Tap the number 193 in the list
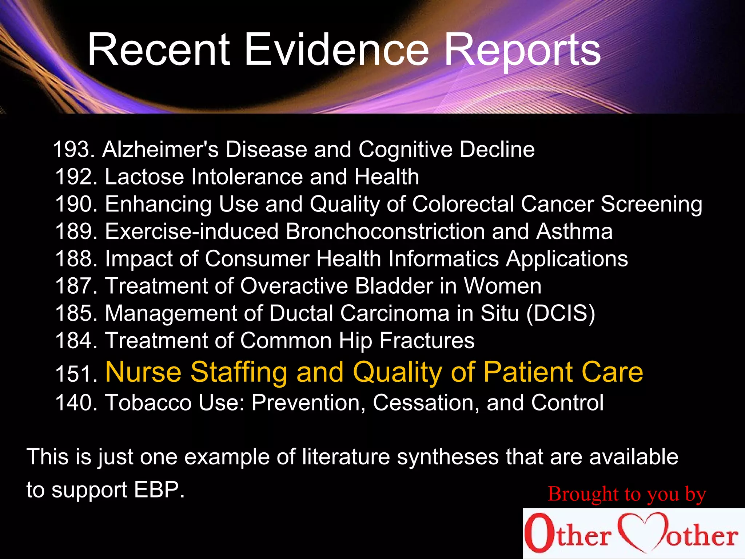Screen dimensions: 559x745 tap(72, 149)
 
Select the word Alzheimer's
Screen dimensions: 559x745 tap(160, 149)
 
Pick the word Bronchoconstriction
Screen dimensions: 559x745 tap(385, 231)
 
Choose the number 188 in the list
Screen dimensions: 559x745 tap(75, 259)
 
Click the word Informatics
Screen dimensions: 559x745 tap(443, 259)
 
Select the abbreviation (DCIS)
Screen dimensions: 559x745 tap(561, 313)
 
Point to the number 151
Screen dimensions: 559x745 tap(75, 374)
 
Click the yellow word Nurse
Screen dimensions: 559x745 tap(143, 372)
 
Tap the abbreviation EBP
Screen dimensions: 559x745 tap(159, 490)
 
